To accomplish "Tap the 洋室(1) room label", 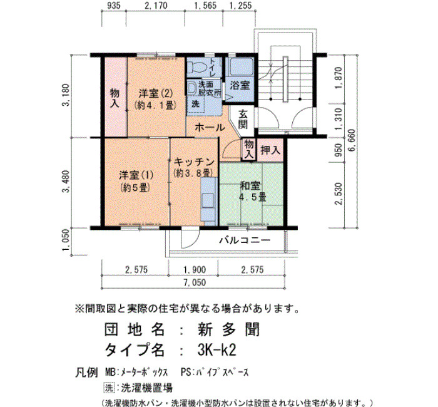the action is click(136, 175).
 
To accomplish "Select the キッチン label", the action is click(194, 162).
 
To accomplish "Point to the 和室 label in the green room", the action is click(250, 186).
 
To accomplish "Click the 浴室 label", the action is click(240, 85).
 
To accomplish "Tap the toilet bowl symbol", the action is click(196, 66).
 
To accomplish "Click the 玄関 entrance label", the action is click(243, 119).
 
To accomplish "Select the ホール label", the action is click(210, 128).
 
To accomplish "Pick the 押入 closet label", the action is click(270, 150).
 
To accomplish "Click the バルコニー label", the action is click(245, 240).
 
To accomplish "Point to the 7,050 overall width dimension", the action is click(195, 282).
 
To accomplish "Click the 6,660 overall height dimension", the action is click(352, 140).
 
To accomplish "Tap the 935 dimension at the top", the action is click(114, 5).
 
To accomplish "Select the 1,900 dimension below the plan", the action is click(195, 270).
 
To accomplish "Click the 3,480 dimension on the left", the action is click(66, 182).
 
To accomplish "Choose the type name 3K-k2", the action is click(216, 349).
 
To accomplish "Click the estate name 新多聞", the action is click(229, 329).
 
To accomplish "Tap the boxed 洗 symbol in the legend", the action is click(109, 388).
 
